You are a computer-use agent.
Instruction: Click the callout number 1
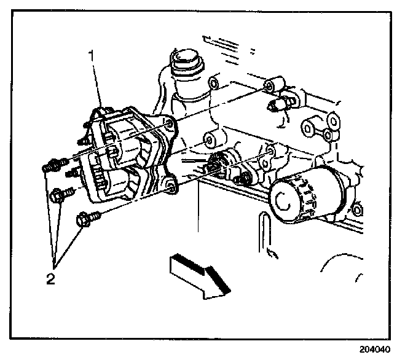(93, 55)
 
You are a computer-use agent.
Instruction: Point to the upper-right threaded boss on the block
(273, 85)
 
